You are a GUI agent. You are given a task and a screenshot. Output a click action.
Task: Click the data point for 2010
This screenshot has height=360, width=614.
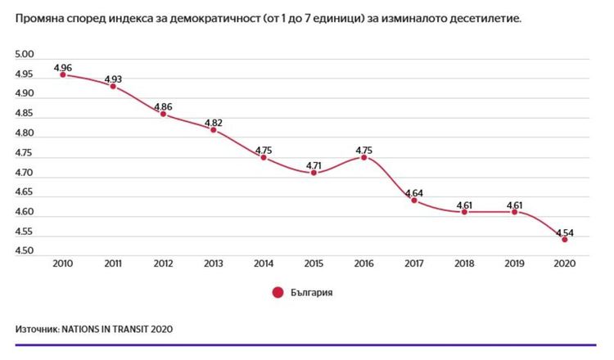point(62,74)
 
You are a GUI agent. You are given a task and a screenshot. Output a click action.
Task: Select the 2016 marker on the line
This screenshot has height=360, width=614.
point(364,157)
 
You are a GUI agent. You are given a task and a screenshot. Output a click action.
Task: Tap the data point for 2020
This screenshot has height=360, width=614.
point(565,239)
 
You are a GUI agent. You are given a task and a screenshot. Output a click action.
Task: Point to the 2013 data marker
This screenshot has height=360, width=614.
point(214,130)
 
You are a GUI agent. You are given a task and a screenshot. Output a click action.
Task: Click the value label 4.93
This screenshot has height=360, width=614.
point(113,79)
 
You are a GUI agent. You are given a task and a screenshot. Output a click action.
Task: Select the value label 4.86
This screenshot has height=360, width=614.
point(163,106)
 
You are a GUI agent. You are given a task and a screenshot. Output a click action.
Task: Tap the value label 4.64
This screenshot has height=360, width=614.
point(414,193)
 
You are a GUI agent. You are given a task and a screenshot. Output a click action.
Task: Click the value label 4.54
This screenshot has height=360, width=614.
point(565,232)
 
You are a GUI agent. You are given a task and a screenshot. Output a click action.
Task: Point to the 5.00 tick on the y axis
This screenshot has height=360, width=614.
point(25,55)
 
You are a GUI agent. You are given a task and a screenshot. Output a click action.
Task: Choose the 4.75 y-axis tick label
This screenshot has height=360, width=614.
point(25,153)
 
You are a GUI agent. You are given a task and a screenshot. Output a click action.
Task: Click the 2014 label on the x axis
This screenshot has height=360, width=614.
point(264,264)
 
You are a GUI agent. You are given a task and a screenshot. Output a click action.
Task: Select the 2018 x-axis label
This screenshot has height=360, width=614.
point(464,264)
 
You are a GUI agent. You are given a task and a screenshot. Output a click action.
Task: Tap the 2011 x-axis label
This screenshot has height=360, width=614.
point(113,264)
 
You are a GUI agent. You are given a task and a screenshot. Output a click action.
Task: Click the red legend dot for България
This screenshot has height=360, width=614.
point(277,292)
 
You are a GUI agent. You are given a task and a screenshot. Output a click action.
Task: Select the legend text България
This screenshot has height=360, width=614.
point(312,292)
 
